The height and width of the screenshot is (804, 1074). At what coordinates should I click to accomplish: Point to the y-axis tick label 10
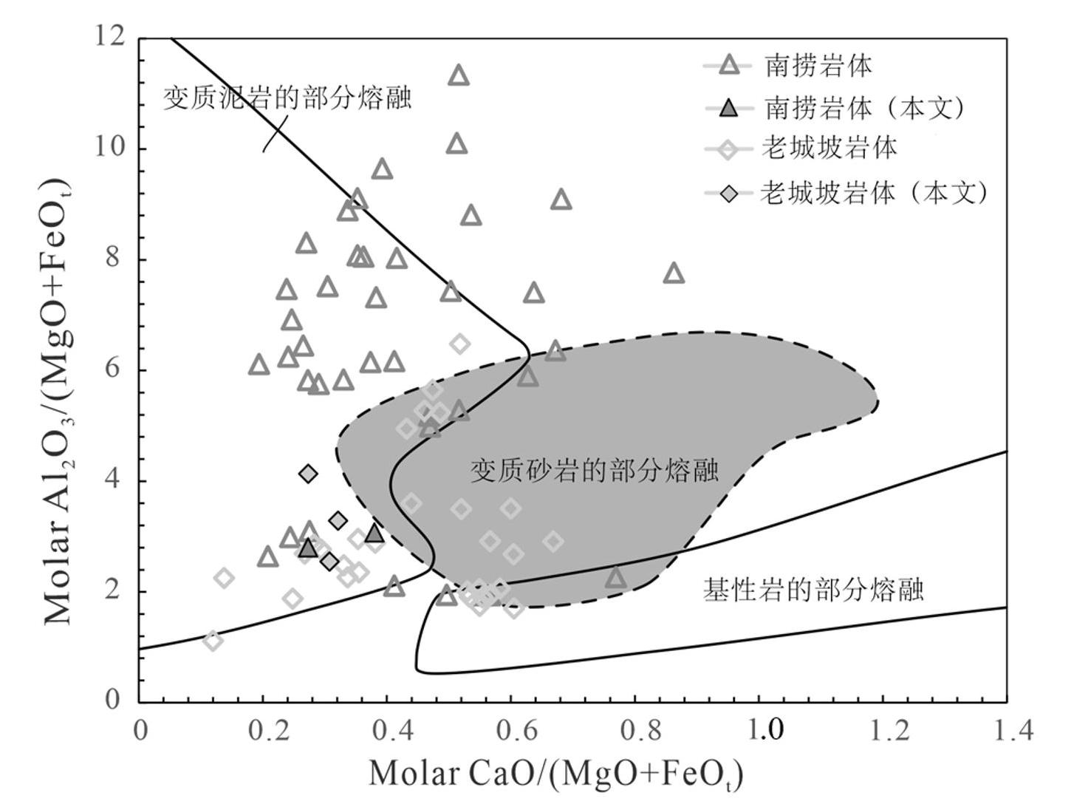click(110, 148)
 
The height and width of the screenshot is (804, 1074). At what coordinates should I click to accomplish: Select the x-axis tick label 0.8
click(637, 730)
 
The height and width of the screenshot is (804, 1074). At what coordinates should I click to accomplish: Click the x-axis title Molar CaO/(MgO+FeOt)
click(555, 774)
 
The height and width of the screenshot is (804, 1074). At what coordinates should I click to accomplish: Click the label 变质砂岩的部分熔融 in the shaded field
click(594, 470)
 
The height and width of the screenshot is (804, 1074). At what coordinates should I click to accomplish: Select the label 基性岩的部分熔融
click(813, 590)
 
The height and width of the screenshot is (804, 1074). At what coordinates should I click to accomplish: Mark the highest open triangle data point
click(459, 75)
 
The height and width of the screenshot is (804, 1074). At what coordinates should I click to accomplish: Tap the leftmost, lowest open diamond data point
click(213, 641)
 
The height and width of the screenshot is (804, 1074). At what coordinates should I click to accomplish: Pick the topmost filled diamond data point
click(309, 473)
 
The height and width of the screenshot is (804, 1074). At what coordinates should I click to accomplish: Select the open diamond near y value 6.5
click(460, 344)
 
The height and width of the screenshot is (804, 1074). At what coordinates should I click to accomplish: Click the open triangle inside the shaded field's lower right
click(616, 578)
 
